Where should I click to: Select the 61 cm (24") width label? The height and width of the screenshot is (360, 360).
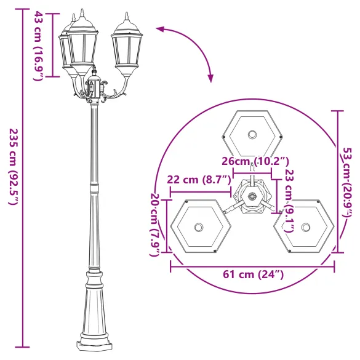click(x=252, y=274)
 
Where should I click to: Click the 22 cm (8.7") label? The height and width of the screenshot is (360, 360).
click(x=198, y=180)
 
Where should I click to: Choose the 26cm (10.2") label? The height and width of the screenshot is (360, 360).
click(x=255, y=161)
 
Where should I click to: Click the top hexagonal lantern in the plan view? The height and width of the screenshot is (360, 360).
click(x=252, y=135)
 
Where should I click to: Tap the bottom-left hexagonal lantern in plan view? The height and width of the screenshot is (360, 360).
click(x=199, y=226)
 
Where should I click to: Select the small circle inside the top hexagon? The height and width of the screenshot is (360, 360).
click(x=252, y=135)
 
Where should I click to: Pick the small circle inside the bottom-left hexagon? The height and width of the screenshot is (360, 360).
click(x=199, y=227)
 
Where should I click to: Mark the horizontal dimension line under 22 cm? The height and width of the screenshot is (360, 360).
click(x=201, y=191)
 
